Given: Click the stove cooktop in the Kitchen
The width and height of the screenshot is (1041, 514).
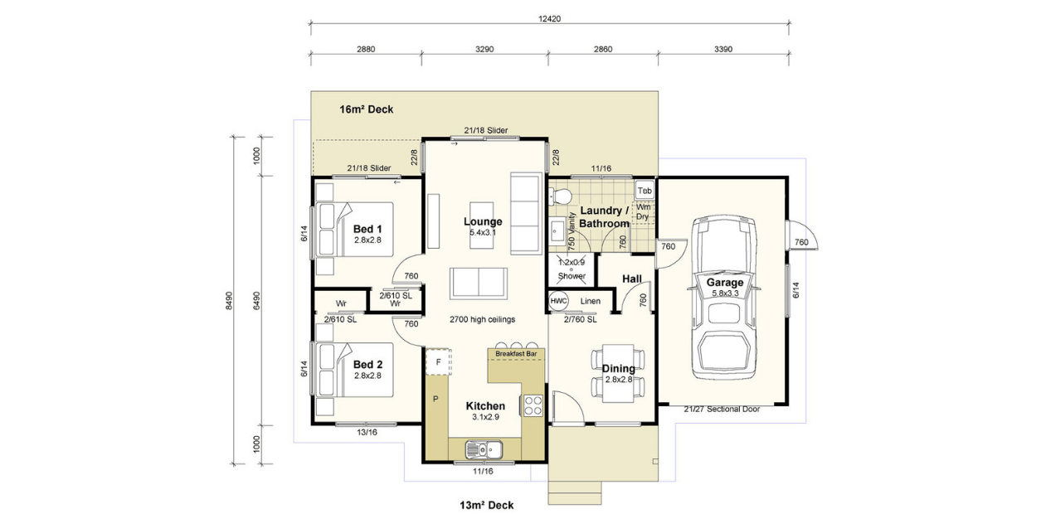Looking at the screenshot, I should [x=533, y=405].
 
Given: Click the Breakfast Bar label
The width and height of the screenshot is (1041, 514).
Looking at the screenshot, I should [x=516, y=354].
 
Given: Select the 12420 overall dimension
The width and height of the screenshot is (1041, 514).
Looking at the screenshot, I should [x=549, y=18].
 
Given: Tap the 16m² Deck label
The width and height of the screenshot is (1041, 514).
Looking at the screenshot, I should [x=366, y=109].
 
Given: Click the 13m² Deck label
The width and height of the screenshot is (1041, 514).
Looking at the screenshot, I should [x=487, y=505].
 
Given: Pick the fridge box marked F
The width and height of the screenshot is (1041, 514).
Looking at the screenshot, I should [x=438, y=362].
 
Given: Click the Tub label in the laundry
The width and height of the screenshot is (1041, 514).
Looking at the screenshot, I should [x=645, y=190].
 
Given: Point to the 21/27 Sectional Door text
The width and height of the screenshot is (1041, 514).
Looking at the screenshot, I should [x=722, y=409].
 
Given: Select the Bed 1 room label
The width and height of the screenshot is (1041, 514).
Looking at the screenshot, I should [x=367, y=228].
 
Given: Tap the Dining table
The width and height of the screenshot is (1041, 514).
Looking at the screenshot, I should [x=619, y=372].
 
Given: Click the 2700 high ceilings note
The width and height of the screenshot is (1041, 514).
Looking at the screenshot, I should [x=482, y=319].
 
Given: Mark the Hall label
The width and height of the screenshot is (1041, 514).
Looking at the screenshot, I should [x=632, y=279].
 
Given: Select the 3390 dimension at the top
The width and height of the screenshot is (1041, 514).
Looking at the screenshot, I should [x=722, y=49].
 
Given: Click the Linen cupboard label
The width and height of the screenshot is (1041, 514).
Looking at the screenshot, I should [x=590, y=300].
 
